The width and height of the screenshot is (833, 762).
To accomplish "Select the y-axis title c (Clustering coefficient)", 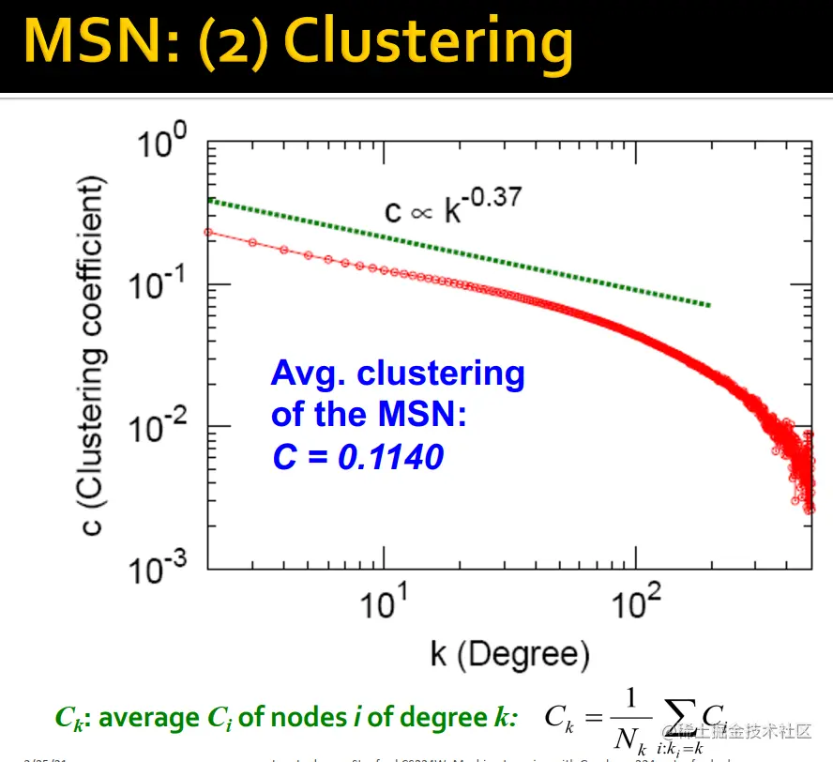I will [x=95, y=356].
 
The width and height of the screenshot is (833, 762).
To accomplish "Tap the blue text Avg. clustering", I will [x=397, y=373].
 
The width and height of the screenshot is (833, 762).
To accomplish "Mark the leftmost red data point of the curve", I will [x=208, y=232].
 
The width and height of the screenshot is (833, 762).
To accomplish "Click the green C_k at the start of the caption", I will [x=69, y=719].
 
